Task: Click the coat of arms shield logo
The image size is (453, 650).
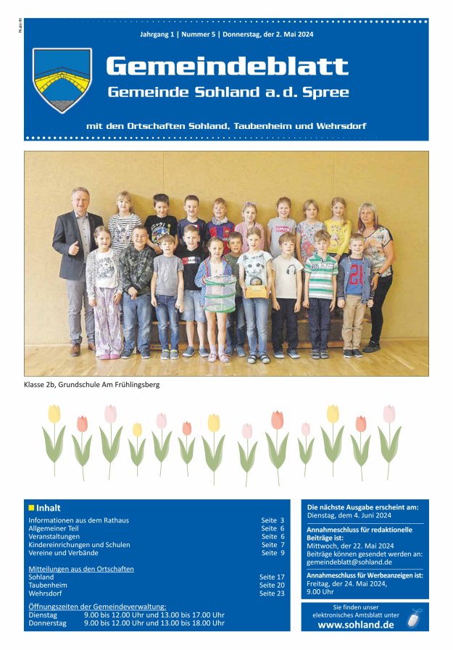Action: pos(62,80)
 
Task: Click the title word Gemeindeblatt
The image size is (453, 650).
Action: pos(227,67)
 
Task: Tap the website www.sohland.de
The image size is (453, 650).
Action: pos(356,625)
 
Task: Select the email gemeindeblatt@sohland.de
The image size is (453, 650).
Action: pos(349,562)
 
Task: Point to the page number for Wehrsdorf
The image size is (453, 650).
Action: pos(272,593)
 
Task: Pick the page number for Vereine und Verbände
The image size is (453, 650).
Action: pos(273,553)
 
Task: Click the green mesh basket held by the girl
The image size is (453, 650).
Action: pos(219,293)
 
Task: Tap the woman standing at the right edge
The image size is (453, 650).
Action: pos(378,264)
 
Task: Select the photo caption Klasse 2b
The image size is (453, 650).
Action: pos(91,384)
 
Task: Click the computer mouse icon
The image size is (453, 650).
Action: pos(413,619)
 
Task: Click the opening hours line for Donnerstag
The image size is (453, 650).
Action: pos(126,622)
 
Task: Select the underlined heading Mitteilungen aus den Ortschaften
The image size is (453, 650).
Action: pos(81,569)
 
